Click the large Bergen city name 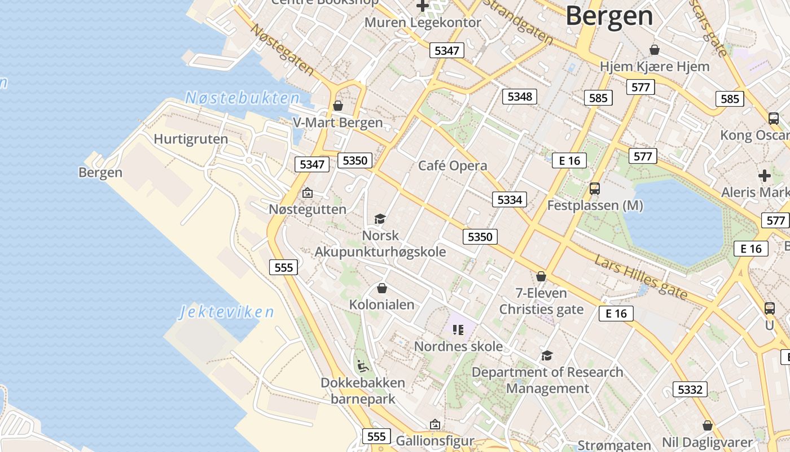(x=609, y=16)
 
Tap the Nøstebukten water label (x=243, y=98)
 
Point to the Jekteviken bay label (x=227, y=312)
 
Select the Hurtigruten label (x=191, y=139)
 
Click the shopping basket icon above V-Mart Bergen (x=338, y=106)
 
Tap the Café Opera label (x=453, y=166)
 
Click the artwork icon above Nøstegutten (x=307, y=193)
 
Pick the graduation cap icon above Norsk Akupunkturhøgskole (x=380, y=219)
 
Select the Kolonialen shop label (x=381, y=305)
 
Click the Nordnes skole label (x=458, y=346)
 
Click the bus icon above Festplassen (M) (x=595, y=189)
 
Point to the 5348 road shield (x=519, y=97)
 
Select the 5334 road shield (x=509, y=199)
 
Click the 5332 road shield (x=690, y=389)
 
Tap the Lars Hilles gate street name (x=641, y=277)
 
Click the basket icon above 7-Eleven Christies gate (x=541, y=276)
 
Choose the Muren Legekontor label (x=423, y=23)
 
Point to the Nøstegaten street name (x=282, y=50)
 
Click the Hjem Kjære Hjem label (x=654, y=66)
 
